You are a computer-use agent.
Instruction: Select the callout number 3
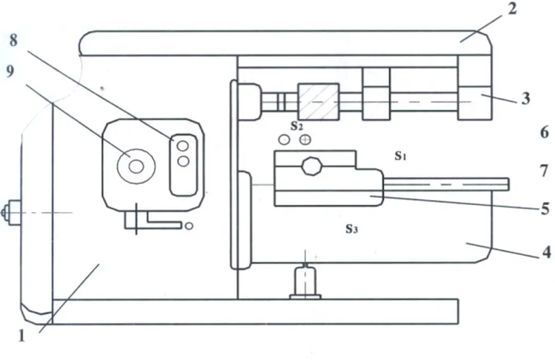[525, 99]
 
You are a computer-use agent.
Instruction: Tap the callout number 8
[13, 40]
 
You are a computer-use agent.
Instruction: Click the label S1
[401, 156]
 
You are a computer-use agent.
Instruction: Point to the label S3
[351, 229]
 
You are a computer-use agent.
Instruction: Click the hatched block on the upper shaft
[318, 101]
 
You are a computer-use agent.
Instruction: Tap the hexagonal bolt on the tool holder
[312, 167]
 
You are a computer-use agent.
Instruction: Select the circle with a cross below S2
[305, 139]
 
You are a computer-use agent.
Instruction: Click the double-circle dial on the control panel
[136, 166]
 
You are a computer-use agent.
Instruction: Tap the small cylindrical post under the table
[305, 281]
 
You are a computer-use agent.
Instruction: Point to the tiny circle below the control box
[190, 226]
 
